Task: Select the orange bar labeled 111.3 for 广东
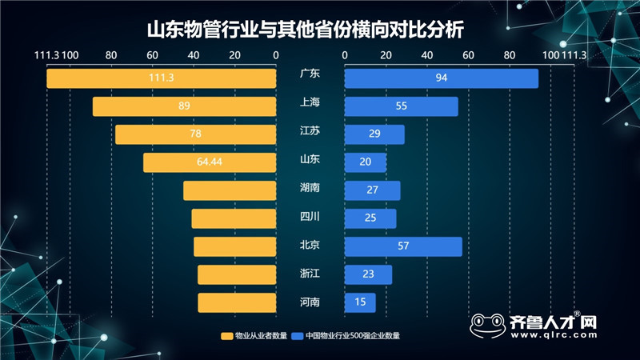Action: (x=161, y=78)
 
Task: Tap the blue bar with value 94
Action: (x=441, y=78)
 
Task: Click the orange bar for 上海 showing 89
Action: (x=184, y=106)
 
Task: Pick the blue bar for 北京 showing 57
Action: (x=403, y=246)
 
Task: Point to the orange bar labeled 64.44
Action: (x=210, y=162)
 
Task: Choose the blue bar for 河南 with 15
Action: (x=360, y=302)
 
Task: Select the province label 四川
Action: (x=310, y=216)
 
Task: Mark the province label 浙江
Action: (x=310, y=274)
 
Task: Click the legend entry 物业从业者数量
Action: (x=254, y=336)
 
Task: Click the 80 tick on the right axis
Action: (x=510, y=55)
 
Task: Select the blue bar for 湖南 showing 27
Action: (x=372, y=190)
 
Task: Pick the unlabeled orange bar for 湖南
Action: (x=230, y=190)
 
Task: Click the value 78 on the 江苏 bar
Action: (x=195, y=134)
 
